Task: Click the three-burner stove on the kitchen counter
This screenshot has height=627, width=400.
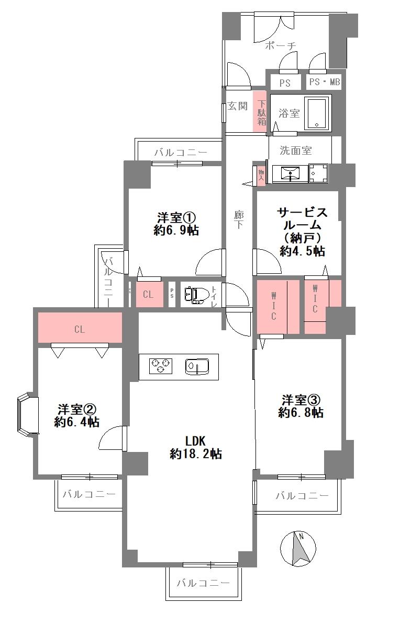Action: point(161,366)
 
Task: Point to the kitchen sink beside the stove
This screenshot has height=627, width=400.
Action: point(197,366)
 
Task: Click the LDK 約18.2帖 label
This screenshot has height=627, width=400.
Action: point(195,447)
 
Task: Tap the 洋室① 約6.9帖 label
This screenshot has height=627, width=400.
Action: point(176,224)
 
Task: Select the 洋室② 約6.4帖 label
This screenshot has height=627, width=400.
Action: point(77,415)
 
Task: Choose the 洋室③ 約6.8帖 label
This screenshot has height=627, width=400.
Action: point(301,406)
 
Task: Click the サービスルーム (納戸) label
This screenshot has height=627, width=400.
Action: point(302,231)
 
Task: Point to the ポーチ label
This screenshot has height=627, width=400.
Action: point(280,46)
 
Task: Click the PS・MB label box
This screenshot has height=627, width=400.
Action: point(324,83)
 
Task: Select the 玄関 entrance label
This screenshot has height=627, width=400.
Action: point(238,106)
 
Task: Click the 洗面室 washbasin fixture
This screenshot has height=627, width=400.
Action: point(289,173)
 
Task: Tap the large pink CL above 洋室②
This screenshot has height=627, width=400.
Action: point(80,329)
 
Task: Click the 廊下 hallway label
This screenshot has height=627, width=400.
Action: point(238,220)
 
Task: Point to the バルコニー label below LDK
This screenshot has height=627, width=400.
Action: point(203,583)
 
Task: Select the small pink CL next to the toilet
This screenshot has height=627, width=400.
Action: point(148,295)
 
